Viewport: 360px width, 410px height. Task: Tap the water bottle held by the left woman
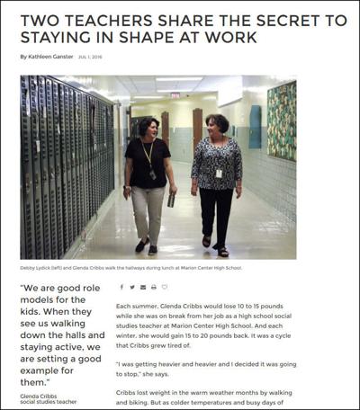[172, 199]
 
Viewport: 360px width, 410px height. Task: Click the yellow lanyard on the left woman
[148, 153]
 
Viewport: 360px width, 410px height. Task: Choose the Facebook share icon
[121, 288]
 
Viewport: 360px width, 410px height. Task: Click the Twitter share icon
[131, 288]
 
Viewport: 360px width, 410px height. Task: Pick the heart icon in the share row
[164, 288]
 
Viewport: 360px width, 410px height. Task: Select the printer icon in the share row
[153, 288]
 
